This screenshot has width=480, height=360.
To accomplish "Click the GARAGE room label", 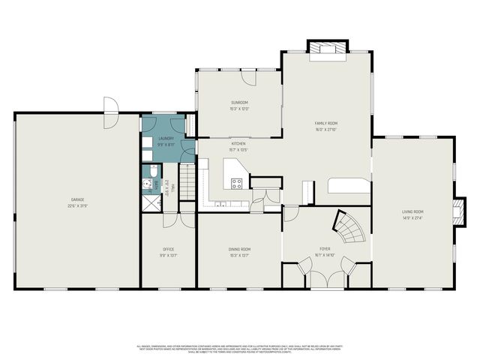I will point(77,199).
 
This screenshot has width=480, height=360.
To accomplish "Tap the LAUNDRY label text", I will point(166,139).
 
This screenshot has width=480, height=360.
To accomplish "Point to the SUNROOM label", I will point(239,103).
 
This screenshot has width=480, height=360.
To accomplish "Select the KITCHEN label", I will point(238,143).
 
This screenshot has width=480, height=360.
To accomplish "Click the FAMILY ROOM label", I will point(325,123).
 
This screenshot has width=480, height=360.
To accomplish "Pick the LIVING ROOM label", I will point(412,212).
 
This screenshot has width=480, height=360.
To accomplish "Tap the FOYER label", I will point(325,248).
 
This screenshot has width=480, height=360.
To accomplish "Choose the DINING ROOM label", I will point(239,249).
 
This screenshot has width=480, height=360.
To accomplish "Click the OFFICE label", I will point(169,249).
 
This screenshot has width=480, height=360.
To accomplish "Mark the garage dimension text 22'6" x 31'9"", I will point(77,205).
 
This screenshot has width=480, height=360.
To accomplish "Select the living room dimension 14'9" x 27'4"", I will point(412,218).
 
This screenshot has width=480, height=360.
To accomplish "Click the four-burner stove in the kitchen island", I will point(237,184).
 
